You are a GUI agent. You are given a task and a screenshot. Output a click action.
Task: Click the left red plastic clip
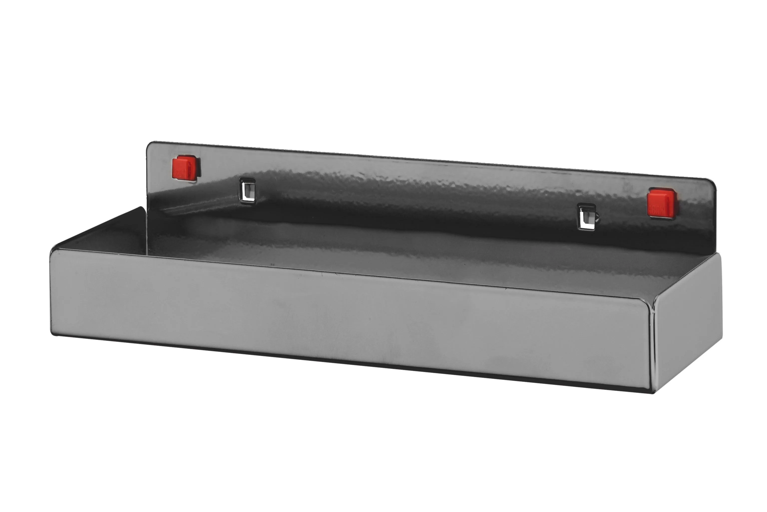[184, 168]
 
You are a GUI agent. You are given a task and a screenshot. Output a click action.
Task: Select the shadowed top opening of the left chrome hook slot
[247, 181]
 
